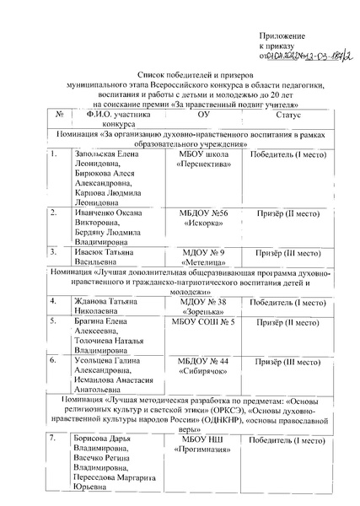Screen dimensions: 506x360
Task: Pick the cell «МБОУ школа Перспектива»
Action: pos(202,162)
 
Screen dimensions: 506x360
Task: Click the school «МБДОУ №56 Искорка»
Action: pos(202,218)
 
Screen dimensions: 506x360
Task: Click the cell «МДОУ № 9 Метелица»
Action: pos(202,256)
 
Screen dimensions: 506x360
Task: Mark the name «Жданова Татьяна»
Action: pos(99,301)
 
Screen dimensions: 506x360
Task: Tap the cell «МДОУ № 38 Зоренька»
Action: pos(202,306)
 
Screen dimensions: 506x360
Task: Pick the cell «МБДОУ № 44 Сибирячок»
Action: pos(202,366)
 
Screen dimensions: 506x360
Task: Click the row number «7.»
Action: pos(53,439)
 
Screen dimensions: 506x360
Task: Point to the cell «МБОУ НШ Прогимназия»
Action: pos(202,444)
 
